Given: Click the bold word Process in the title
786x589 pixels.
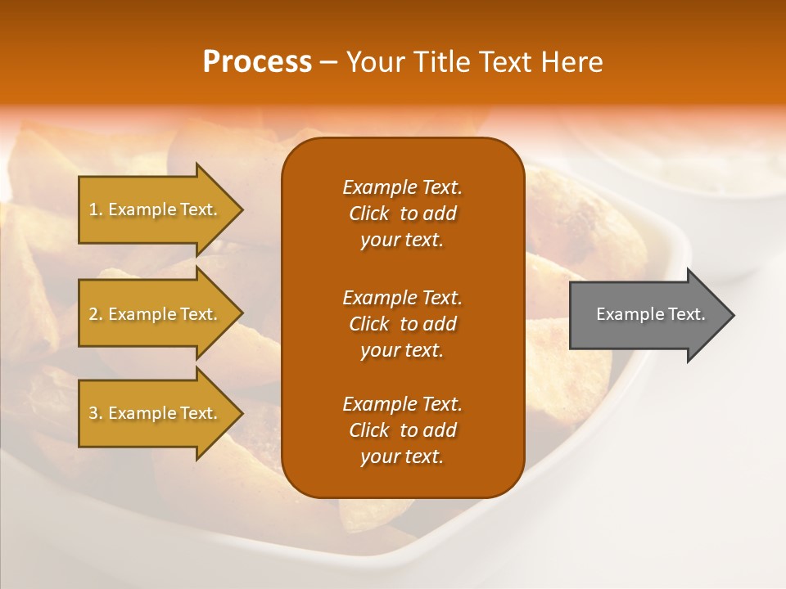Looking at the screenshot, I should [x=257, y=62].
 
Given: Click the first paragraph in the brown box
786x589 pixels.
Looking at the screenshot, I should [x=402, y=214].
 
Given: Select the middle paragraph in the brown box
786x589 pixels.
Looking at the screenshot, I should [x=402, y=323].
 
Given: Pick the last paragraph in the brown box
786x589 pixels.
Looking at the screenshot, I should [x=402, y=430].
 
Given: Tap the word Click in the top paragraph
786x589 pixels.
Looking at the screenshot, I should [x=368, y=214].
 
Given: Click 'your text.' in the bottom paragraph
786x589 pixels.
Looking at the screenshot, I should [x=402, y=456].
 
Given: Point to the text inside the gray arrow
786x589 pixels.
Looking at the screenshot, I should [x=651, y=314].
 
